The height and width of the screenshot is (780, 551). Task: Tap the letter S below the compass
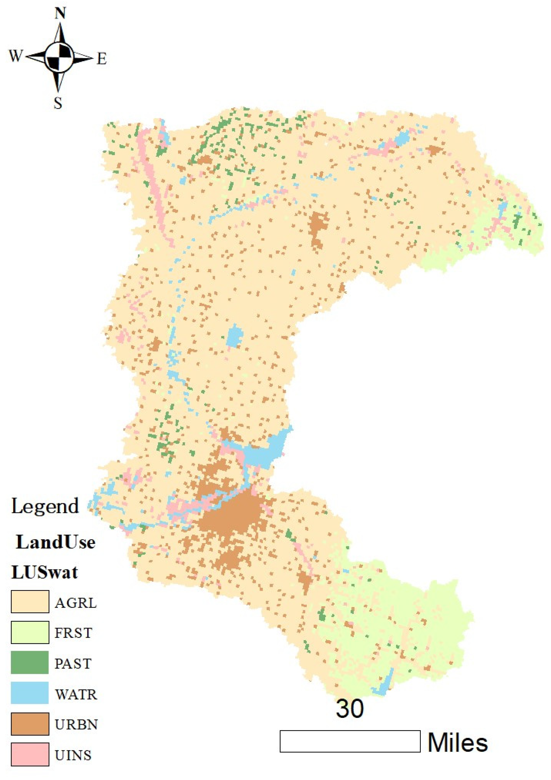coord(58,103)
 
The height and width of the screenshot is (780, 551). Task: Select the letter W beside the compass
coord(16,56)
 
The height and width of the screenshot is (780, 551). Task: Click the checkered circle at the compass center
coord(59,57)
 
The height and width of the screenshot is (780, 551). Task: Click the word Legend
coord(45,507)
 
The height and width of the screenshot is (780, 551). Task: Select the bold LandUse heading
coord(55,542)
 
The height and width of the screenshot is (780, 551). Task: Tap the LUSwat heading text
coord(45,572)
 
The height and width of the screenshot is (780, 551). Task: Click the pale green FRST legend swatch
coord(30,632)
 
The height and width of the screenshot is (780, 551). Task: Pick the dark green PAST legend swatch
coord(30,662)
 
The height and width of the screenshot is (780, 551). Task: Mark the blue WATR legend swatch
coord(30,693)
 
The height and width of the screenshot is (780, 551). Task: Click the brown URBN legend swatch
coord(30,724)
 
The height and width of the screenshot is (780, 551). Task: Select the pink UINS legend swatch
coord(30,754)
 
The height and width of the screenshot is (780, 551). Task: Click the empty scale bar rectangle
coord(350,741)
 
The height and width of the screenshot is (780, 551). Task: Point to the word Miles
coord(458,743)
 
